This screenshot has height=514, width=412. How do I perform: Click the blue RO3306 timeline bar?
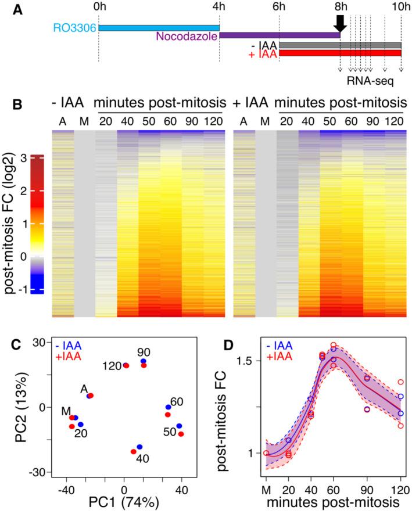tap(159, 27)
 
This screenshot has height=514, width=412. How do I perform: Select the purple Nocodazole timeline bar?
tap(280, 35)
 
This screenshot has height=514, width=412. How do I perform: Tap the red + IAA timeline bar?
tap(340, 53)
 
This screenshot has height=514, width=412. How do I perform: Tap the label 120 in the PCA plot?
tap(112, 365)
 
